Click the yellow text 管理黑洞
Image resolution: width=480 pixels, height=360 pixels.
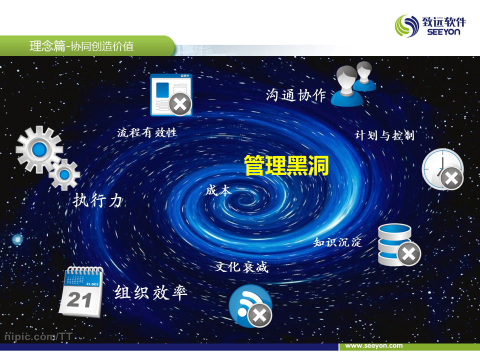(x=286, y=165)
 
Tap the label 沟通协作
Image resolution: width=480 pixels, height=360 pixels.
(x=295, y=95)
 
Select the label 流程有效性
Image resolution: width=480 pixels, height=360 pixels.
(x=147, y=132)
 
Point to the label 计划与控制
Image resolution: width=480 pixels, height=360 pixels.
(x=384, y=135)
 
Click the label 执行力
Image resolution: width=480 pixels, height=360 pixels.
(x=97, y=201)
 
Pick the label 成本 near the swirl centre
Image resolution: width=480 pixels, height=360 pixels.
(x=218, y=190)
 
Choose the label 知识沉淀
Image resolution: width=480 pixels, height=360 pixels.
(x=337, y=242)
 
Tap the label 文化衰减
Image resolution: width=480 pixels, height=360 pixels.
(x=242, y=267)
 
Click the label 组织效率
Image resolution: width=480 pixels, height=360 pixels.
(x=151, y=292)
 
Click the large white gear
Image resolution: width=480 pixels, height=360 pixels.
(x=39, y=149)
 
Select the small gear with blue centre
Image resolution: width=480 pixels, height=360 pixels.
(x=64, y=174)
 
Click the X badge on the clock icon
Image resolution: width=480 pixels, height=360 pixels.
(x=451, y=178)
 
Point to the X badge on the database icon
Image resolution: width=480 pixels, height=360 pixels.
(x=409, y=254)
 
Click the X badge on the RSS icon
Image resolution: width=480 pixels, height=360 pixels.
(x=259, y=315)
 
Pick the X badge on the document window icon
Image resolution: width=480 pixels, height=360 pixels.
(x=180, y=104)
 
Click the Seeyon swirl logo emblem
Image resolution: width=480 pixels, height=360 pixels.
(x=407, y=26)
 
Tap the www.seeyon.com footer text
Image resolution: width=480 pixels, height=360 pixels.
(x=374, y=345)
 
